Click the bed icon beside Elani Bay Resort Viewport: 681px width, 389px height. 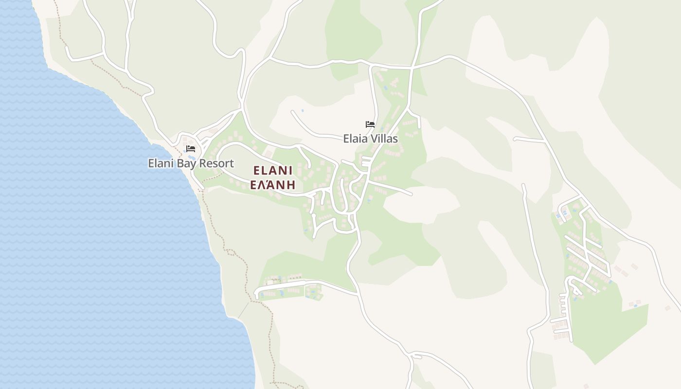click(191, 149)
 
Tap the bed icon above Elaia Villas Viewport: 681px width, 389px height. click(370, 124)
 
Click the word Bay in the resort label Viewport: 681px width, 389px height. click(187, 164)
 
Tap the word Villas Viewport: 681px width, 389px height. click(384, 139)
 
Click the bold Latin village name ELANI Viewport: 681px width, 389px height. click(272, 171)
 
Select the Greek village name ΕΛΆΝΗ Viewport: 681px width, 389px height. click(272, 185)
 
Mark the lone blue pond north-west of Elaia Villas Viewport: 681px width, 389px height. click(302, 110)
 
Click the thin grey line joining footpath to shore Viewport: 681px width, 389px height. click(243, 310)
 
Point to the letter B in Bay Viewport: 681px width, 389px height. click(179, 163)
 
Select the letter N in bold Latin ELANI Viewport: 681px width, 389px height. click(283, 171)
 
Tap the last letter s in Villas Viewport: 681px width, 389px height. click(395, 139)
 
